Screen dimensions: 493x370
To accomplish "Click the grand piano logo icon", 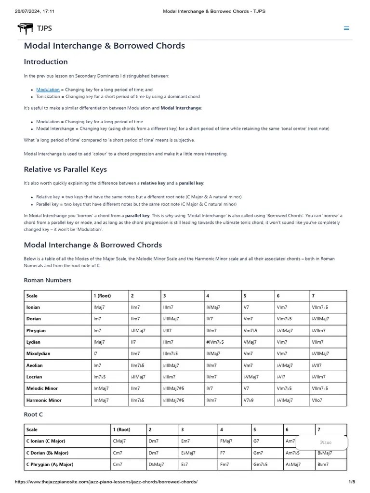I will pos(26,28).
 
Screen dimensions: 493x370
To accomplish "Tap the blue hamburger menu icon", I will pos(346,28).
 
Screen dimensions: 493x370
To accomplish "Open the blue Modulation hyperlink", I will pos(48,90).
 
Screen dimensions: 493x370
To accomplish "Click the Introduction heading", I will pos(46,62).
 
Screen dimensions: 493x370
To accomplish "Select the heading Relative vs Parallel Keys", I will pos(65,169).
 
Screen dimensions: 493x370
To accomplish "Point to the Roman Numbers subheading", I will pos(48,280).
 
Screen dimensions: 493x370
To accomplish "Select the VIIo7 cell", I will pos(317,401).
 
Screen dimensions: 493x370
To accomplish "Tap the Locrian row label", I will pos(34,377).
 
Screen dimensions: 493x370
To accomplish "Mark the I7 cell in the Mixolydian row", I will pos(96,354).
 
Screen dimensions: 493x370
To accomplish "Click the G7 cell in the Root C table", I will pos(256,441).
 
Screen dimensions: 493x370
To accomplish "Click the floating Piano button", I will pos(326,442).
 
